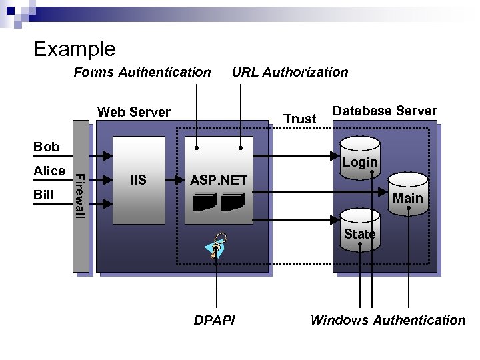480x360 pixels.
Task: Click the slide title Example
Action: pyautogui.click(x=74, y=49)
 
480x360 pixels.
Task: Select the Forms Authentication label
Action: pyautogui.click(x=142, y=72)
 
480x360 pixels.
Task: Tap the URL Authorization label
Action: pyautogui.click(x=289, y=72)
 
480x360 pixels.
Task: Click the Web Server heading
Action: pyautogui.click(x=134, y=112)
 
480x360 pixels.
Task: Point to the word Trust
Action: pyautogui.click(x=299, y=119)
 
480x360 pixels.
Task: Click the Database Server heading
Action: pyautogui.click(x=385, y=111)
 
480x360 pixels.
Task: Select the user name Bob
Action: pyautogui.click(x=47, y=147)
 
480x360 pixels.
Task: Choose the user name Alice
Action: pyautogui.click(x=49, y=171)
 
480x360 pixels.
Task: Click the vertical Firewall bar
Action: pyautogui.click(x=80, y=197)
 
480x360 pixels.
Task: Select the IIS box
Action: pyautogui.click(x=139, y=180)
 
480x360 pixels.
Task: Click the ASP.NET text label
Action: pyautogui.click(x=219, y=180)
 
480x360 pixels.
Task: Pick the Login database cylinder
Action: pyautogui.click(x=359, y=159)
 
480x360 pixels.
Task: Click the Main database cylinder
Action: pyautogui.click(x=407, y=193)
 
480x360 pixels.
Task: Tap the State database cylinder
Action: pyautogui.click(x=359, y=230)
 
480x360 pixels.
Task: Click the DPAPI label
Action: pyautogui.click(x=214, y=320)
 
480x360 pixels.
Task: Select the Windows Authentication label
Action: pyautogui.click(x=387, y=320)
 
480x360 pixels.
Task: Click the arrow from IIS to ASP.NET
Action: pyautogui.click(x=175, y=179)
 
